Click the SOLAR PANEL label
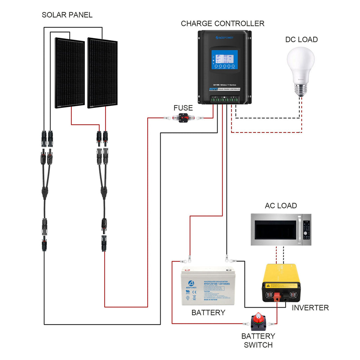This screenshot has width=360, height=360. [x=67, y=15]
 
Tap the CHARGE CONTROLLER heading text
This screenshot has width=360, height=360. [x=223, y=24]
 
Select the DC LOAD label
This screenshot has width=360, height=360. [x=301, y=39]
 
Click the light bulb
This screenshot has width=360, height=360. [x=300, y=70]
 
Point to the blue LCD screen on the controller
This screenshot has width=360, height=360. [x=224, y=60]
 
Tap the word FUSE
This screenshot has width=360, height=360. [x=183, y=108]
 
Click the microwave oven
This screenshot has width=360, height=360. [x=281, y=230]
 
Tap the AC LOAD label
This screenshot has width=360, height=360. [x=281, y=206]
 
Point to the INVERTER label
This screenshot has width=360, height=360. [x=310, y=308]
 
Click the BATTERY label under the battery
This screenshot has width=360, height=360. [x=208, y=313]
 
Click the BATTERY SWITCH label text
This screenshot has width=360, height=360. [x=258, y=340]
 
